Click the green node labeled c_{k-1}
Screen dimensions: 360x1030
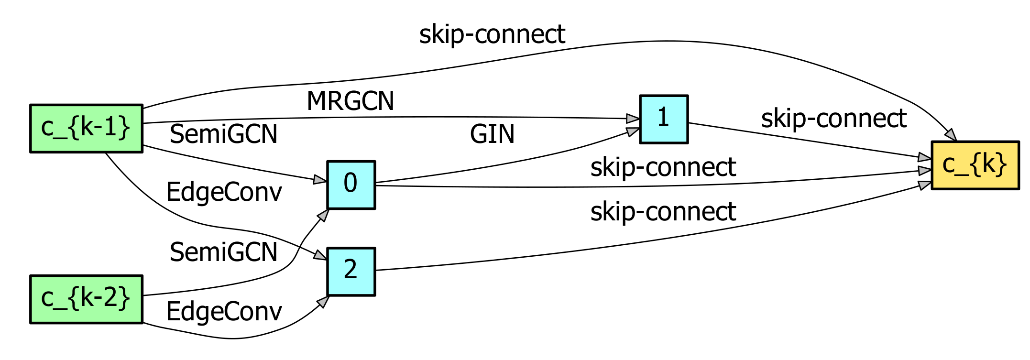click(x=86, y=128)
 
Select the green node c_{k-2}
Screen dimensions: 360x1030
click(x=86, y=299)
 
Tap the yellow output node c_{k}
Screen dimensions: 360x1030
click(x=975, y=165)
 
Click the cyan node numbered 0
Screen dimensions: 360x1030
click(x=351, y=185)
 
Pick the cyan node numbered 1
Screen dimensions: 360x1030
click(x=664, y=119)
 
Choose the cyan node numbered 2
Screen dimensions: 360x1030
click(x=351, y=271)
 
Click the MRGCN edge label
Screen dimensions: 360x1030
click(x=350, y=101)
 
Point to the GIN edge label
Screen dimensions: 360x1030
click(x=492, y=134)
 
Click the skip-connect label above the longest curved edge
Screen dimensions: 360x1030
click(x=492, y=34)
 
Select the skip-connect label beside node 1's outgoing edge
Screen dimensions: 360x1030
click(x=833, y=118)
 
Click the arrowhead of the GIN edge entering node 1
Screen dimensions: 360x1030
click(x=633, y=131)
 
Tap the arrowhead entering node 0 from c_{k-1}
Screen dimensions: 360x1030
click(x=320, y=180)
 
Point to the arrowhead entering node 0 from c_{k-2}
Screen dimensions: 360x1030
click(x=324, y=215)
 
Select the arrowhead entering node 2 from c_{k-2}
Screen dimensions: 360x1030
click(x=324, y=301)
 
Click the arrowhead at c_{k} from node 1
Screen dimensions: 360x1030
click(x=925, y=157)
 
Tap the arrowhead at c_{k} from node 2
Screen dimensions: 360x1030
click(x=925, y=185)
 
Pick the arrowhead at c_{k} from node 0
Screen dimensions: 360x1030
click(x=925, y=171)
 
